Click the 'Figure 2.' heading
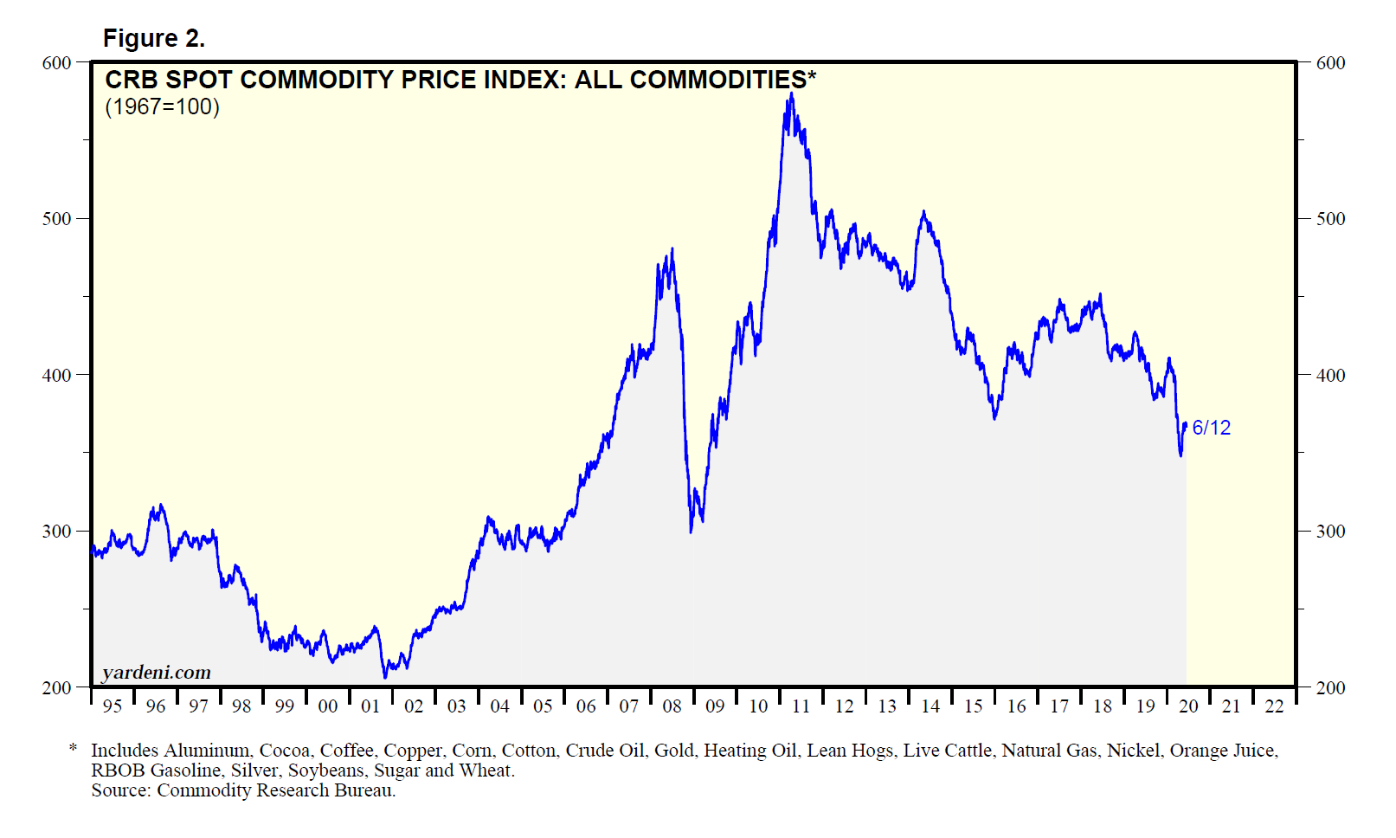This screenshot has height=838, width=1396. pyautogui.click(x=153, y=38)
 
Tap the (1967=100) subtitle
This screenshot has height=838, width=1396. pyautogui.click(x=162, y=106)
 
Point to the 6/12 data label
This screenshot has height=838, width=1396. pyautogui.click(x=1211, y=428)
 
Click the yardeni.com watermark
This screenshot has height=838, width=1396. pyautogui.click(x=156, y=673)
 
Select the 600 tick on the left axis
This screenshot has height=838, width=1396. pyautogui.click(x=56, y=63)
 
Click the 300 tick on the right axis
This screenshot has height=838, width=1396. pyautogui.click(x=1330, y=532)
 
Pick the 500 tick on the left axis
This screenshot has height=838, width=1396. pyautogui.click(x=56, y=219)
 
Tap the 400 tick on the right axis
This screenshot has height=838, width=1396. pyautogui.click(x=1330, y=376)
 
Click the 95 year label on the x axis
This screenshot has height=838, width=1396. pyautogui.click(x=113, y=706)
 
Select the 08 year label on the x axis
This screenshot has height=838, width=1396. pyautogui.click(x=672, y=706)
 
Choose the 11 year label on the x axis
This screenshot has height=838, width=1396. pyautogui.click(x=801, y=706)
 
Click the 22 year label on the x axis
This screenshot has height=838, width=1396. pyautogui.click(x=1274, y=706)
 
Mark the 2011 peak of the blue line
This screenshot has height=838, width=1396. pyautogui.click(x=791, y=94)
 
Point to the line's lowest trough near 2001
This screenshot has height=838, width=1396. pyautogui.click(x=385, y=676)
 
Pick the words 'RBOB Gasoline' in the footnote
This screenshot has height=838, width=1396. pyautogui.click(x=156, y=770)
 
